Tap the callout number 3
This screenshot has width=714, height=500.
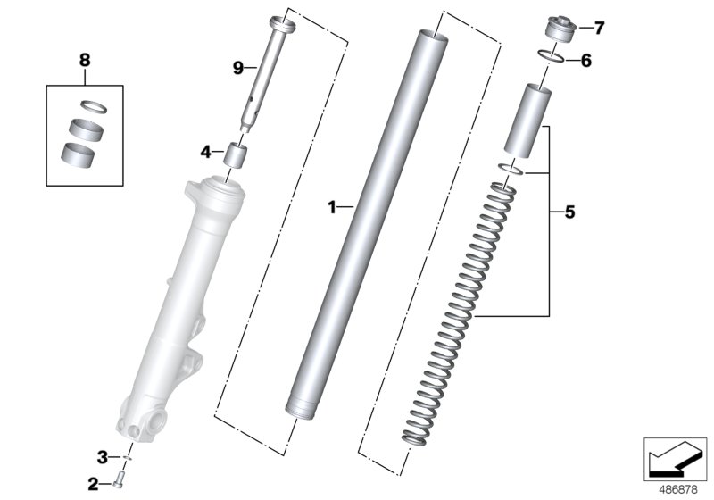click(103, 457)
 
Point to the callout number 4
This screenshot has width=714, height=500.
click(204, 153)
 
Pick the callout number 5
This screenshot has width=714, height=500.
click(569, 212)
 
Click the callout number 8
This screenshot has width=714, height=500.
click(85, 60)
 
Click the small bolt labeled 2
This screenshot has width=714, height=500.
click(118, 484)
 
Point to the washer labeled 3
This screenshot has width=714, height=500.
click(128, 458)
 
